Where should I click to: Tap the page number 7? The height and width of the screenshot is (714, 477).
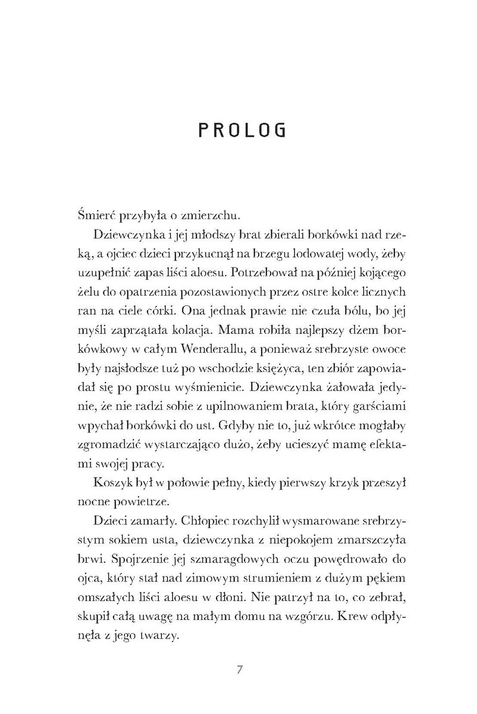[x=238, y=669]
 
